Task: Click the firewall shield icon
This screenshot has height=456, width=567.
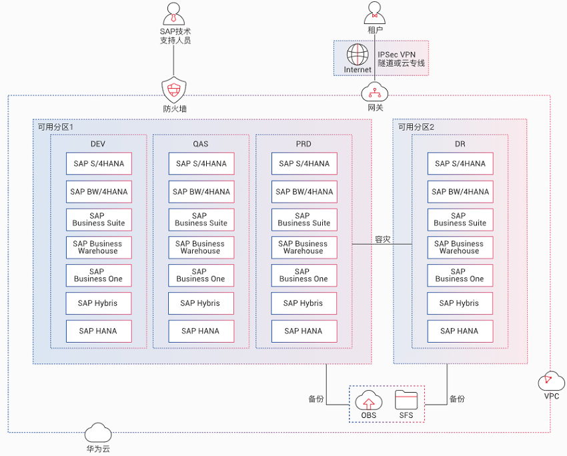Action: click(174, 89)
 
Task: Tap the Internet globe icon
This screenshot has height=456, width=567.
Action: click(358, 55)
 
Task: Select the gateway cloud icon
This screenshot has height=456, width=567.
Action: click(375, 93)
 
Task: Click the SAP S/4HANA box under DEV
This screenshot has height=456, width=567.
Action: click(99, 164)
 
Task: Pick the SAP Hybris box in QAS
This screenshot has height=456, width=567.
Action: click(201, 303)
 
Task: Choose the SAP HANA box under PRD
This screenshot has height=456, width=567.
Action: click(304, 331)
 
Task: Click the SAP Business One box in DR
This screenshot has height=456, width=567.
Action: click(460, 275)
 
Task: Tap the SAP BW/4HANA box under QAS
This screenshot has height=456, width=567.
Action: click(201, 191)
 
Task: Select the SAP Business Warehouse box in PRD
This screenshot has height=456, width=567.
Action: click(304, 247)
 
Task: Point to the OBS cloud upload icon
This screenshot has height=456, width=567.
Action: click(368, 401)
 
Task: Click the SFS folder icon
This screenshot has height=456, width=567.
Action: click(406, 400)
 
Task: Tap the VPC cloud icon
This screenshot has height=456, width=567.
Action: click(551, 381)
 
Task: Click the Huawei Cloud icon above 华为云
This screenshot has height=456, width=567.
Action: click(98, 432)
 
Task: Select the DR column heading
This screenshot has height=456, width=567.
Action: click(460, 144)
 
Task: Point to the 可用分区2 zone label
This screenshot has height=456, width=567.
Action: click(416, 127)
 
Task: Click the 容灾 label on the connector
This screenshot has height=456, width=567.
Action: click(383, 239)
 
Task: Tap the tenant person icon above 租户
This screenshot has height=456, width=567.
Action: click(375, 13)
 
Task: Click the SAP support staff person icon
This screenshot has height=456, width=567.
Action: click(174, 14)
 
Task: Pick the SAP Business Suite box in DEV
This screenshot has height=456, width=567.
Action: click(99, 220)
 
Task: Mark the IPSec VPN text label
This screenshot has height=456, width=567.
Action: click(397, 55)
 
